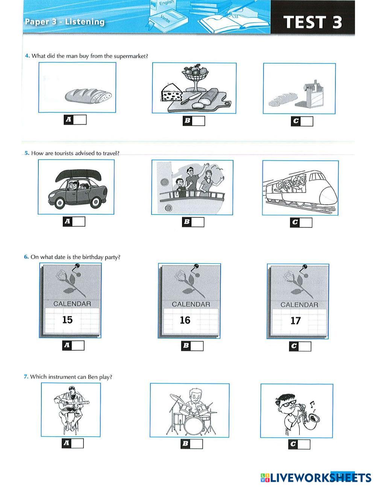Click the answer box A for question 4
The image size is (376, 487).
[x=75, y=120]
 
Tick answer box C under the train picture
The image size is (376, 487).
[x=301, y=222]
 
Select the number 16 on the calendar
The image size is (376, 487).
[x=185, y=320]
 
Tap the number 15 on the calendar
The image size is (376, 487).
[x=67, y=320]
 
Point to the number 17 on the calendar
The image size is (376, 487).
[x=296, y=321]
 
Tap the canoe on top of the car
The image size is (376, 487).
[x=78, y=175]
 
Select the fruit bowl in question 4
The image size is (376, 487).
[x=195, y=78]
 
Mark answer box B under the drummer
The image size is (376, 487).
[x=192, y=444]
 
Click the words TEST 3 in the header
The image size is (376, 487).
[x=312, y=22]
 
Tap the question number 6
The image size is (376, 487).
[x=26, y=257]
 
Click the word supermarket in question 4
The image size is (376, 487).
[x=130, y=56]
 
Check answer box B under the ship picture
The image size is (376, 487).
[x=193, y=222]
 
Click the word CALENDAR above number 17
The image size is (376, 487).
[x=299, y=305]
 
